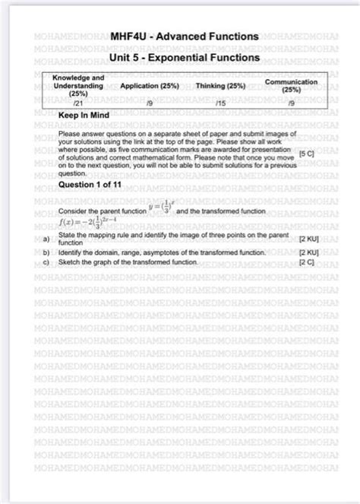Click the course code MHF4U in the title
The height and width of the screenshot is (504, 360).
coord(130,36)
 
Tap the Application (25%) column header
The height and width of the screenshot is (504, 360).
coord(150,86)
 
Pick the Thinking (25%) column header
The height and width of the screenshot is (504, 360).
coord(220,86)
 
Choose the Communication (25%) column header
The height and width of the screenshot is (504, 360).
coord(291,84)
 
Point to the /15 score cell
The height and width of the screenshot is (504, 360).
coord(220,100)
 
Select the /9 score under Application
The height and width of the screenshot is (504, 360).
coord(150,100)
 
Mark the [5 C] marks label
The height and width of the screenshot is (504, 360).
coord(307,153)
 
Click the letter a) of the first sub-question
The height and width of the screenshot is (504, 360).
coord(46,238)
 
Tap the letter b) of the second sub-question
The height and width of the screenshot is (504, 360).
coord(46,251)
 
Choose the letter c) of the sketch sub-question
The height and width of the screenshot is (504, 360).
coord(46,262)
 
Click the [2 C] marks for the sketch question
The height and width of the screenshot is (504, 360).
coord(306,262)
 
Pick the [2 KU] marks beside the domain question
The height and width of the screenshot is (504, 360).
coord(308,251)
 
